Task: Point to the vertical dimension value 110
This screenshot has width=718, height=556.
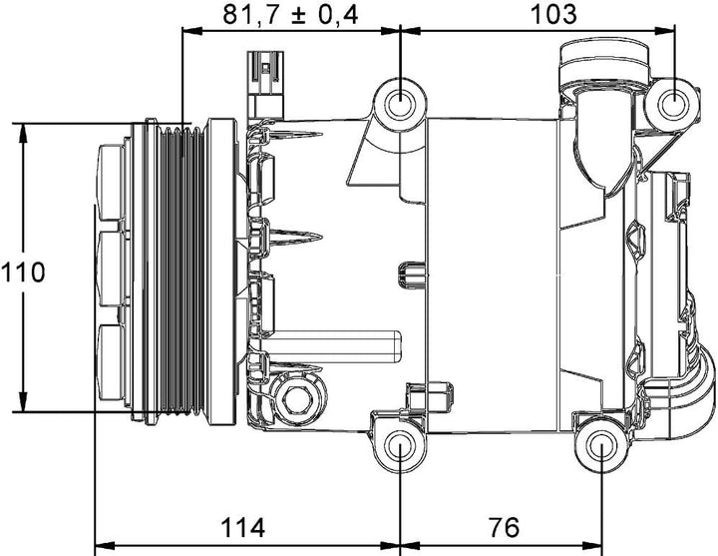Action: click(23, 272)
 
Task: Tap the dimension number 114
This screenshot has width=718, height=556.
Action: click(244, 525)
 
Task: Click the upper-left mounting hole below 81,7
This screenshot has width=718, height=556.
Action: click(401, 102)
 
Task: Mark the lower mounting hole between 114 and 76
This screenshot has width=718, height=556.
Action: click(401, 446)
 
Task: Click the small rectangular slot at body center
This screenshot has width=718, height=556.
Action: click(409, 274)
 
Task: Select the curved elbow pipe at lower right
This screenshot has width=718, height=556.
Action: click(688, 399)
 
